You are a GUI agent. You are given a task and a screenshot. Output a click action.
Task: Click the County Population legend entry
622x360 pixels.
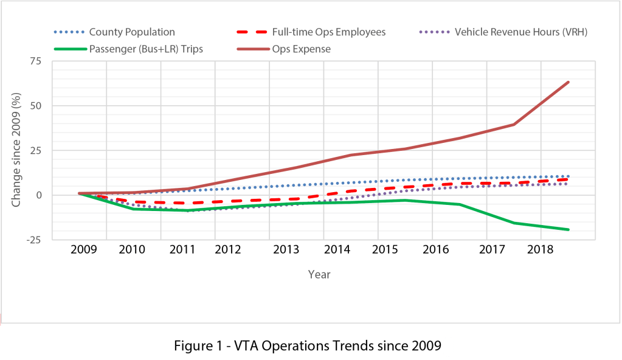[132, 32]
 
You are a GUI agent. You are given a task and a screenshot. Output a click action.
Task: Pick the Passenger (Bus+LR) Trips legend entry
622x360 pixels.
[145, 49]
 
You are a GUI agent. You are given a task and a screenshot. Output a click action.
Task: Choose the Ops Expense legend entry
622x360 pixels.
[306, 49]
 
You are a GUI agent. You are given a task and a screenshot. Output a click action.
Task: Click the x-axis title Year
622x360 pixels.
[319, 274]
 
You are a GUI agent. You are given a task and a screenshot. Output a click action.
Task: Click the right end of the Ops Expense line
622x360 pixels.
[568, 82]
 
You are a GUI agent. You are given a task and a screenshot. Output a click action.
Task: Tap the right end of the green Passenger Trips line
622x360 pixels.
[568, 229]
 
